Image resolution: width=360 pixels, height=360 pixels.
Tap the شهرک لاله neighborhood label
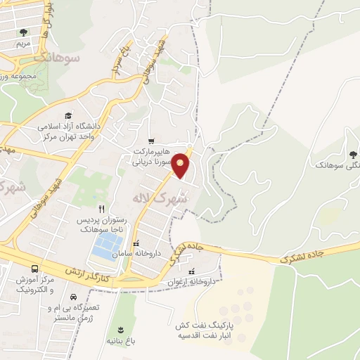pos(162,199)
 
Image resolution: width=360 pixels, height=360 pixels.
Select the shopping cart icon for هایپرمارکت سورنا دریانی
pos(151,141)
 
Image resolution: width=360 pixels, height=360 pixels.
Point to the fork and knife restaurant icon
pos(102,208)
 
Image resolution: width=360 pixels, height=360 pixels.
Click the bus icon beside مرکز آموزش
pos(35,269)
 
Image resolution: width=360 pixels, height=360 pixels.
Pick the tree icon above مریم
pos(23,32)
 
